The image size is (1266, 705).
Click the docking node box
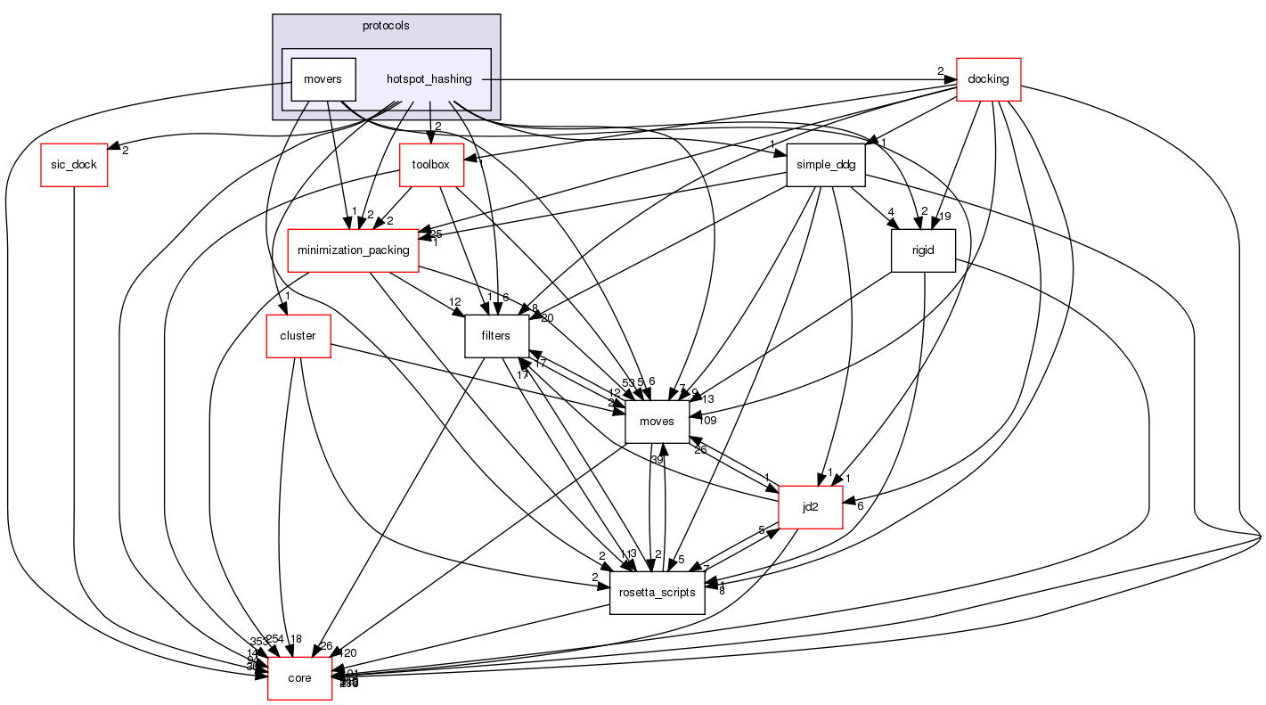tap(988, 79)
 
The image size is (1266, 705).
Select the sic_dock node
tap(74, 165)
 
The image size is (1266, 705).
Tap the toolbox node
tap(432, 165)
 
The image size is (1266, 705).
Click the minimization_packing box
tap(354, 250)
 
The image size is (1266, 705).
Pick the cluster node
tap(298, 336)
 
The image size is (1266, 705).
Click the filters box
tap(495, 336)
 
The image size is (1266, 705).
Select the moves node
tap(658, 422)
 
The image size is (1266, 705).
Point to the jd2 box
tap(811, 507)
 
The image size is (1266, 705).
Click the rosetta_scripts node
tap(657, 593)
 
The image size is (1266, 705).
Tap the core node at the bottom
tap(300, 678)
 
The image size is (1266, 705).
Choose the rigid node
tap(924, 250)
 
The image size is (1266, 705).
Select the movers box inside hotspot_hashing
tap(323, 79)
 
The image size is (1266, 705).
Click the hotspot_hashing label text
tap(429, 79)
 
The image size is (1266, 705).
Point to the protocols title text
tap(386, 26)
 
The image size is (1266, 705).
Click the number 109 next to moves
tap(708, 420)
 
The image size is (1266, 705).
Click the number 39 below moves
tap(658, 459)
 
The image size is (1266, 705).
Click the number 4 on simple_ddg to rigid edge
tap(890, 213)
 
